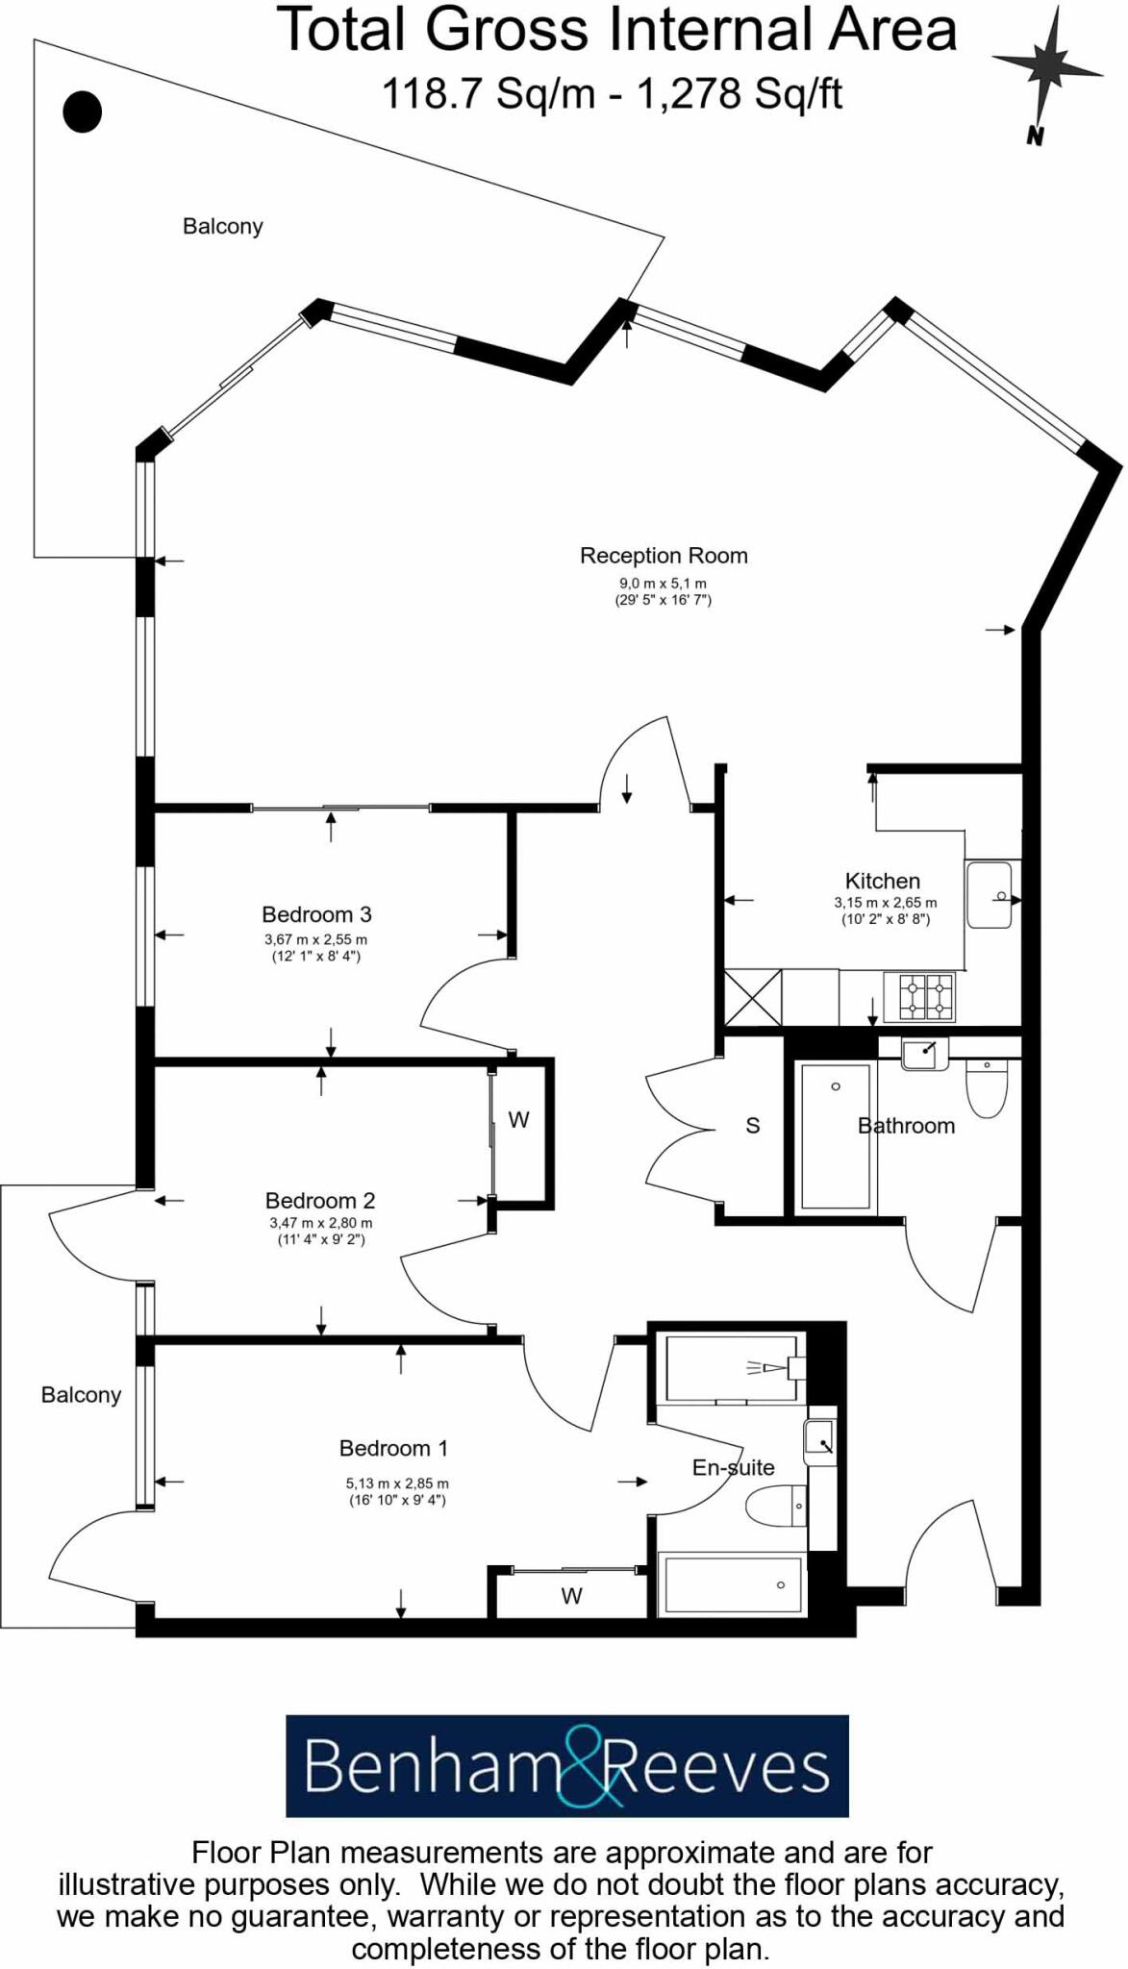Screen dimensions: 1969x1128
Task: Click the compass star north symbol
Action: point(1045,65)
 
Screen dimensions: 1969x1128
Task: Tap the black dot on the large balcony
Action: point(83,112)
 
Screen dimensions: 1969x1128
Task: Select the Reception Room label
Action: point(664,556)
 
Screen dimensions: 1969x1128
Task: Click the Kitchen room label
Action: point(882,881)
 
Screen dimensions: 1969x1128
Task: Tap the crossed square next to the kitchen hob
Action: point(753,998)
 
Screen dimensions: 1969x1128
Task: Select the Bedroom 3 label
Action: point(316,914)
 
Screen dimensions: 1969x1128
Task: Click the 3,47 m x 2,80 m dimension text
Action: point(320,1223)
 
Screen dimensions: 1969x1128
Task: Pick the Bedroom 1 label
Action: point(392,1448)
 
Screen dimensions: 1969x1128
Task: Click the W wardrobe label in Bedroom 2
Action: point(518,1120)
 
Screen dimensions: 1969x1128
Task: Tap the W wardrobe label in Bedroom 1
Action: point(571,1597)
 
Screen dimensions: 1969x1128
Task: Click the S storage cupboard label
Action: point(753,1126)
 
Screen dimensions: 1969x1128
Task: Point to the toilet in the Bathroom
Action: point(987,1089)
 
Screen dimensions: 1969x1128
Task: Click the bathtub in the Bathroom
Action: point(835,1136)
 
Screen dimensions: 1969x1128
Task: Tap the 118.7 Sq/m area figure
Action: point(489,94)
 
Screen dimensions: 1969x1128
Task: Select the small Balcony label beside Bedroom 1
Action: point(81,1395)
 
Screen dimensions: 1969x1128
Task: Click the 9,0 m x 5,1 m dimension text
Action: point(663,584)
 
